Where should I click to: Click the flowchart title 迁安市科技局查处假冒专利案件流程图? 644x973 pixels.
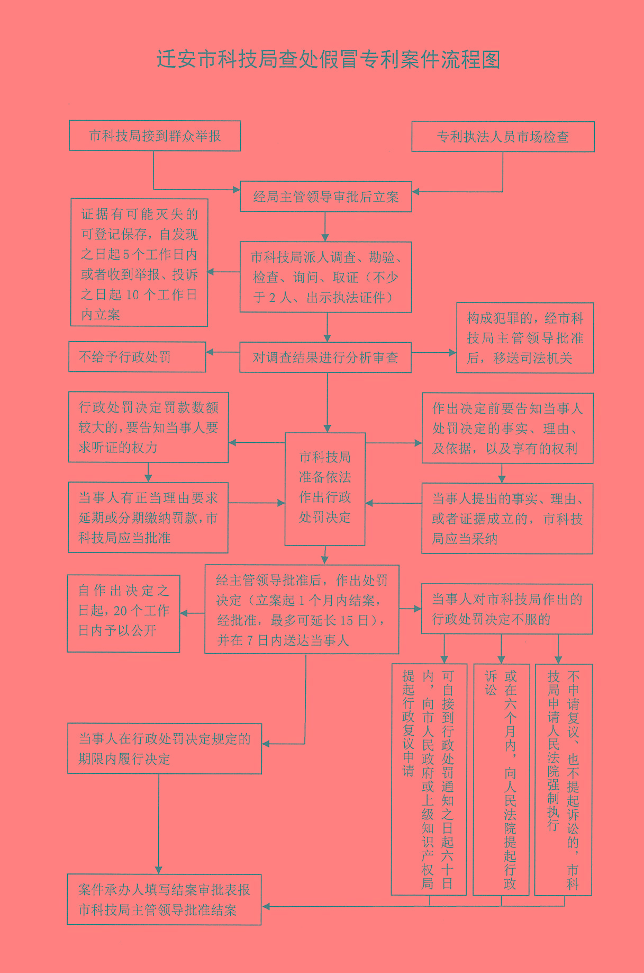[x=328, y=59]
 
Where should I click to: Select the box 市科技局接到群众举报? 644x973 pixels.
[x=155, y=136]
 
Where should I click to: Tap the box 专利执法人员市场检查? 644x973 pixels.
[x=503, y=137]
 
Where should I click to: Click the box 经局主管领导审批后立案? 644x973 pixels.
[x=325, y=197]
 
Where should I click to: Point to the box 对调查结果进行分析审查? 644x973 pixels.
[x=325, y=358]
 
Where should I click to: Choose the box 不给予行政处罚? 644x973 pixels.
[x=137, y=357]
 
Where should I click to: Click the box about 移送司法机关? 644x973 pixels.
[x=524, y=338]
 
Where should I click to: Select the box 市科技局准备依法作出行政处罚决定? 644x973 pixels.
[x=325, y=488]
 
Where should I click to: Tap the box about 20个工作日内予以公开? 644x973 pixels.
[x=123, y=613]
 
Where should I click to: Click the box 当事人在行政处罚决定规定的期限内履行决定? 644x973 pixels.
[x=165, y=748]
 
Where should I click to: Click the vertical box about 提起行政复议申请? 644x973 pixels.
[x=429, y=779]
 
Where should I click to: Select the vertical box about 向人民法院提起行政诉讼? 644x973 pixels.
[x=501, y=779]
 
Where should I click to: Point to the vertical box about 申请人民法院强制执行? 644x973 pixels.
[x=563, y=779]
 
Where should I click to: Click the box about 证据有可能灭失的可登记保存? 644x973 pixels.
[x=139, y=263]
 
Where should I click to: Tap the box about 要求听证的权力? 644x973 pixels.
[x=148, y=427]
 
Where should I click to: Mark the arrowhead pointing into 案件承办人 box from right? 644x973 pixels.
[x=266, y=907]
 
